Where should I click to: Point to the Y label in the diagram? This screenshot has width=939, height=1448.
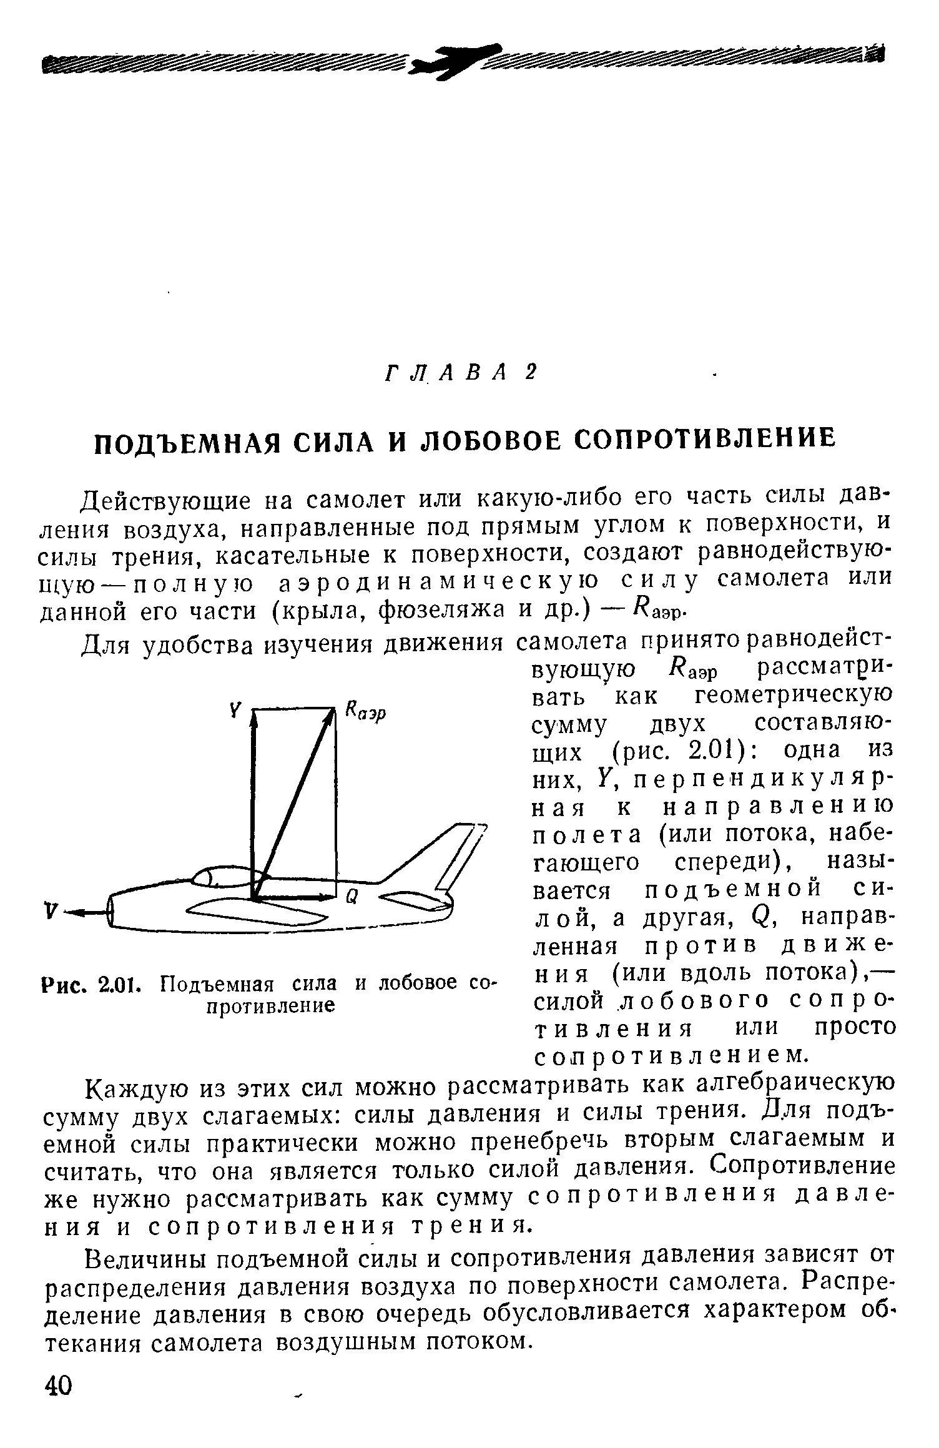click(235, 710)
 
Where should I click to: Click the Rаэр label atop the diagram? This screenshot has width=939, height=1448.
click(366, 712)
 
